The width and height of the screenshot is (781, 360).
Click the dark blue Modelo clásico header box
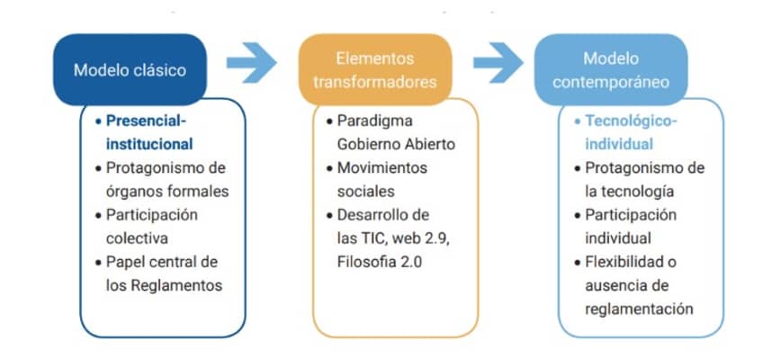point(130,69)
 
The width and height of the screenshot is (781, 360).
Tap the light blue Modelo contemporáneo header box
point(611,69)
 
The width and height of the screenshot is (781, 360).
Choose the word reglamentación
point(640,309)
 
